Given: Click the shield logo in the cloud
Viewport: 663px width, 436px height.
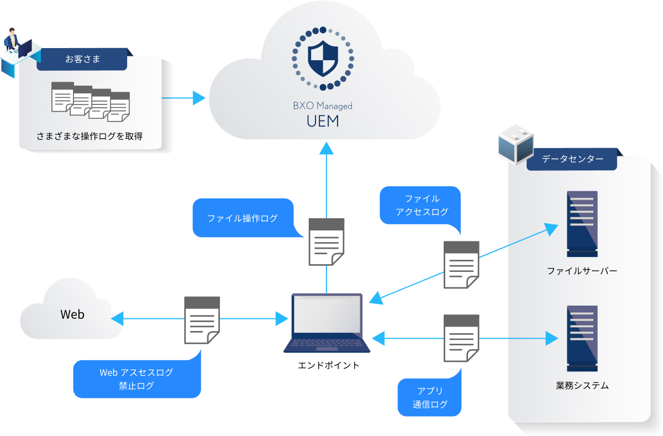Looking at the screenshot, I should [323, 57].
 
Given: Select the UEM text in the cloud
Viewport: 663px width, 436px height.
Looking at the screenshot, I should [323, 120].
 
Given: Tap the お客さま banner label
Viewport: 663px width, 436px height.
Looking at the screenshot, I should [83, 59].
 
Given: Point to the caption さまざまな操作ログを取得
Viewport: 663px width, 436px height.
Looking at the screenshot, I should [90, 136].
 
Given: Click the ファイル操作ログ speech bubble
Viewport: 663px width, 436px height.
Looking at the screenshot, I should [243, 218].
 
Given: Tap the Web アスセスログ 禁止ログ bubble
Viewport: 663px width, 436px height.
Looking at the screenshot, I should [136, 379].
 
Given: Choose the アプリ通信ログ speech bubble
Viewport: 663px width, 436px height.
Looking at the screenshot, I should [429, 397].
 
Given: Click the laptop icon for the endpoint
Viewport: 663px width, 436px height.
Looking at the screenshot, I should [327, 323].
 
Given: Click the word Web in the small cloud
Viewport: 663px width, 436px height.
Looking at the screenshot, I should [72, 314].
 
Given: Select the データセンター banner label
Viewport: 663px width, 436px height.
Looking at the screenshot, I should [572, 159].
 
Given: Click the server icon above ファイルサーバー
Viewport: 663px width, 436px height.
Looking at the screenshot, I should [582, 223].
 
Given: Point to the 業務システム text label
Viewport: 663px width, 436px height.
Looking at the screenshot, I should [582, 386].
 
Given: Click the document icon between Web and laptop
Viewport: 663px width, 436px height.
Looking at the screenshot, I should [201, 320].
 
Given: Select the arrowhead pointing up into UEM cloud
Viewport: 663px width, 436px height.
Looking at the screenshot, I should [327, 148].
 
